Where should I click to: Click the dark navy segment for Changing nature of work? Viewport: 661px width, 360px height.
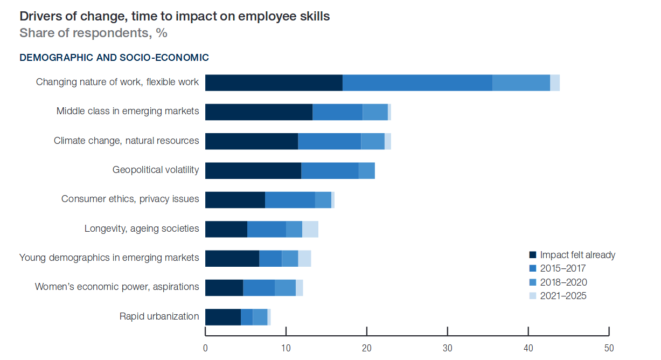(274, 83)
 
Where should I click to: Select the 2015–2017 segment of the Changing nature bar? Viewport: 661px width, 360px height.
(418, 83)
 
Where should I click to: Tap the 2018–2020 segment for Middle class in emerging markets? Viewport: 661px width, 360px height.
(375, 112)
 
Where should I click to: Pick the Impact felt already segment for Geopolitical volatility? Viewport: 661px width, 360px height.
(253, 170)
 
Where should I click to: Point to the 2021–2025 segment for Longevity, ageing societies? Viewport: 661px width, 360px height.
(310, 229)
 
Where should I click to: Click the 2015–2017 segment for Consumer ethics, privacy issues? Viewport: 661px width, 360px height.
(290, 200)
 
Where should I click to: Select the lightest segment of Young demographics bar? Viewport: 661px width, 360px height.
(304, 258)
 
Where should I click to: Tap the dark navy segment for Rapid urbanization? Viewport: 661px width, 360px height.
(223, 317)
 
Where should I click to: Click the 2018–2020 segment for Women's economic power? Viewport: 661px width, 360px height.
(285, 287)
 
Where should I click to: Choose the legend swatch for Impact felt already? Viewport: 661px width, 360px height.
(533, 255)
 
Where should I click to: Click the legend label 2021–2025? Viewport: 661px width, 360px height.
(563, 296)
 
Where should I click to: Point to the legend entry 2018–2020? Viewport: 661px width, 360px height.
(563, 282)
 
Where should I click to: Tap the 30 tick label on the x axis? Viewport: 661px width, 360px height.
(448, 348)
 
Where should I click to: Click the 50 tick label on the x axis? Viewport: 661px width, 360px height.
(609, 348)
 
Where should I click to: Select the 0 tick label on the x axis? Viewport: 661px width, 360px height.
(205, 348)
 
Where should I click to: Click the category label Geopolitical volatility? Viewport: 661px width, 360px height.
(156, 170)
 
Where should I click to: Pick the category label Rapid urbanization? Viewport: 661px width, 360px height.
(159, 316)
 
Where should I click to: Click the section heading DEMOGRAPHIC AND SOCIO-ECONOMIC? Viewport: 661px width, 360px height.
(114, 57)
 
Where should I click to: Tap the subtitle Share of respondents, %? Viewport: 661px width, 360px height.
(93, 33)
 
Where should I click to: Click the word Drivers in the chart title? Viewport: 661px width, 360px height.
(40, 16)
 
